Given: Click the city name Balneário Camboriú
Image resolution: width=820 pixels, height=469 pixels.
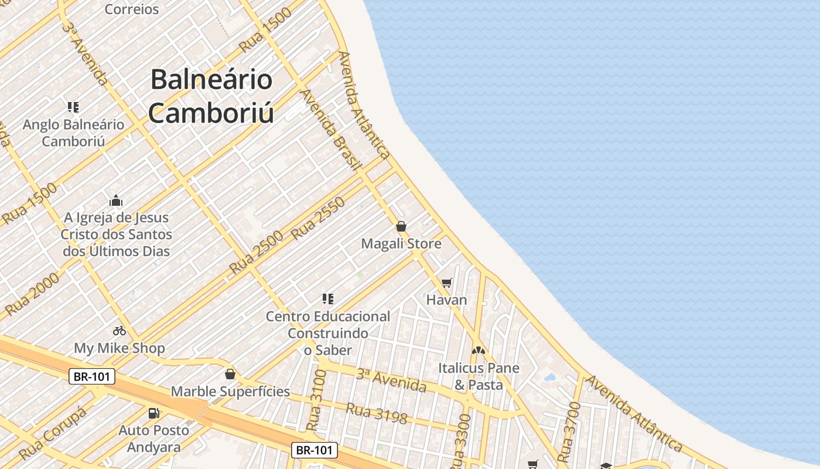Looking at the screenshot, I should [211, 96].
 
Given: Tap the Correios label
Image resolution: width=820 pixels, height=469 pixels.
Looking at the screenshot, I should [132, 9].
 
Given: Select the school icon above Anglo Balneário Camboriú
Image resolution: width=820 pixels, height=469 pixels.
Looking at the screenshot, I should [73, 107].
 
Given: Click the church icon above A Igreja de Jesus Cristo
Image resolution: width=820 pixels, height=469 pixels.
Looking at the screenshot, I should [116, 200].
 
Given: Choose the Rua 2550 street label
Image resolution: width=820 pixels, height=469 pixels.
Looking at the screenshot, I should [318, 219].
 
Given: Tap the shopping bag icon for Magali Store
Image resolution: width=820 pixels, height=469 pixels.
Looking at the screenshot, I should [401, 226].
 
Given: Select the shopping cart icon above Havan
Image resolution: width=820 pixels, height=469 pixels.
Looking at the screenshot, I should [447, 283].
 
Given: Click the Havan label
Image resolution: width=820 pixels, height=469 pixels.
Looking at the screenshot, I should [446, 300].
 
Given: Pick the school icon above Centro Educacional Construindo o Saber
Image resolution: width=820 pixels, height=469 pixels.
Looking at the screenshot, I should [328, 299].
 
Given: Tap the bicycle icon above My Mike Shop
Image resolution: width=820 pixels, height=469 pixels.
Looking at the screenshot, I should [119, 331].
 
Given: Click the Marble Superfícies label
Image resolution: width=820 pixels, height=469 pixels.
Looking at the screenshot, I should [230, 391].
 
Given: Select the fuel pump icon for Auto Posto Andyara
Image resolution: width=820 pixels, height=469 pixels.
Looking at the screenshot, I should [154, 413].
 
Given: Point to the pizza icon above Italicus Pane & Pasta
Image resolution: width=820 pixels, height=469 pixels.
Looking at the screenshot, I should [479, 351].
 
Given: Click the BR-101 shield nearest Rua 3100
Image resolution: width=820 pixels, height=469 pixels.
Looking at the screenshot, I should [315, 450].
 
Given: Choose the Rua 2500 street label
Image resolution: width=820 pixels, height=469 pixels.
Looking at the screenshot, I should [256, 253].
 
